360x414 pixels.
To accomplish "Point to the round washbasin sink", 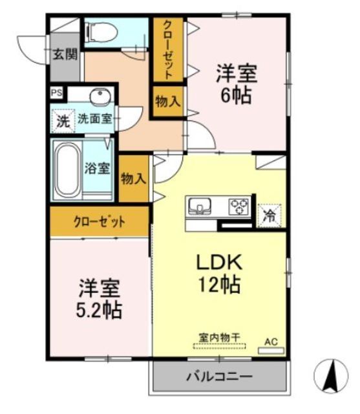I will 100,98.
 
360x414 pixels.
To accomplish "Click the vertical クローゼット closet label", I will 167,50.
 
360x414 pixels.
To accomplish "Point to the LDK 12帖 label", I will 219,272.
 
